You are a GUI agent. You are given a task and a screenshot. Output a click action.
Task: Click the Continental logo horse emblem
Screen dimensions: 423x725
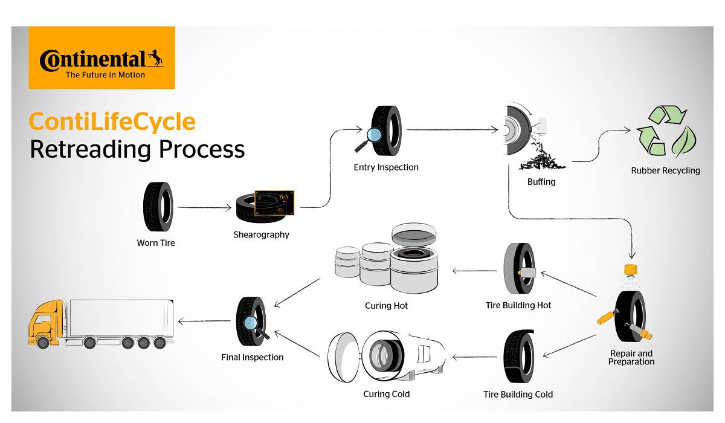click(x=156, y=58)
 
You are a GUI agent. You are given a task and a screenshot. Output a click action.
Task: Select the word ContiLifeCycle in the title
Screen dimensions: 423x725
click(x=112, y=121)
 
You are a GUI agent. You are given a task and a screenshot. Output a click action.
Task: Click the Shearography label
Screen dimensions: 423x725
click(x=261, y=234)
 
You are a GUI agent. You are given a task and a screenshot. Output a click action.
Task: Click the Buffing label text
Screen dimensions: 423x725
click(x=541, y=181)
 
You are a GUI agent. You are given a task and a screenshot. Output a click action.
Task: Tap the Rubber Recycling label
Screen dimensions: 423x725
click(x=665, y=170)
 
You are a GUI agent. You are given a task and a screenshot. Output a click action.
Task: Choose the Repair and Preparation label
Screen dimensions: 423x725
click(x=631, y=357)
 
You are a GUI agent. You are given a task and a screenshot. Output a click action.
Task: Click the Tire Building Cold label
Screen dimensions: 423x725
click(x=518, y=395)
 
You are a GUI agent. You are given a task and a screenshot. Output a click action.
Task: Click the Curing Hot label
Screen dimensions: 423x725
click(x=386, y=306)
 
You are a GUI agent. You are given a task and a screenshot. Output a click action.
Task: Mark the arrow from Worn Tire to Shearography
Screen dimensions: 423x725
click(x=205, y=208)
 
